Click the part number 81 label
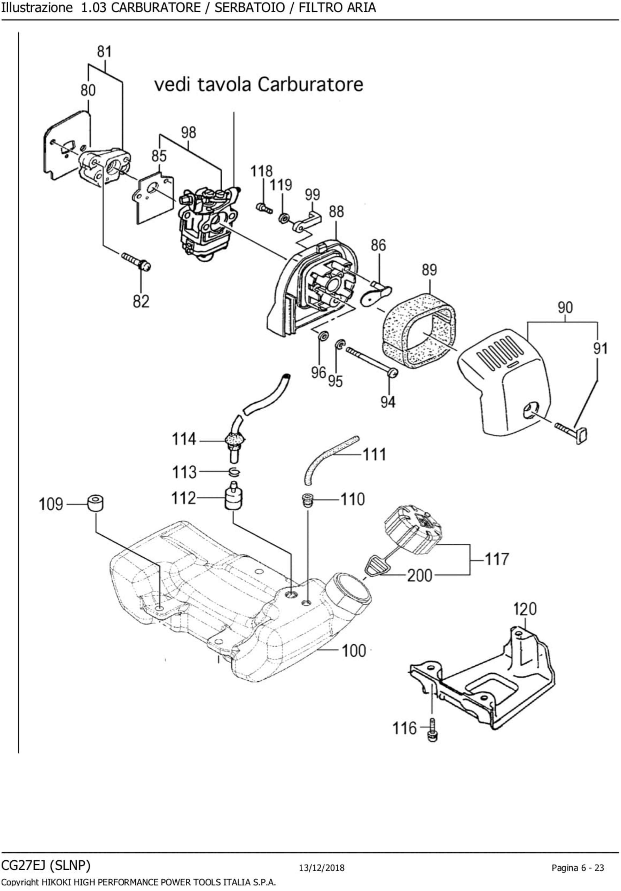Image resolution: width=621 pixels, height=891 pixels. point(104,52)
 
